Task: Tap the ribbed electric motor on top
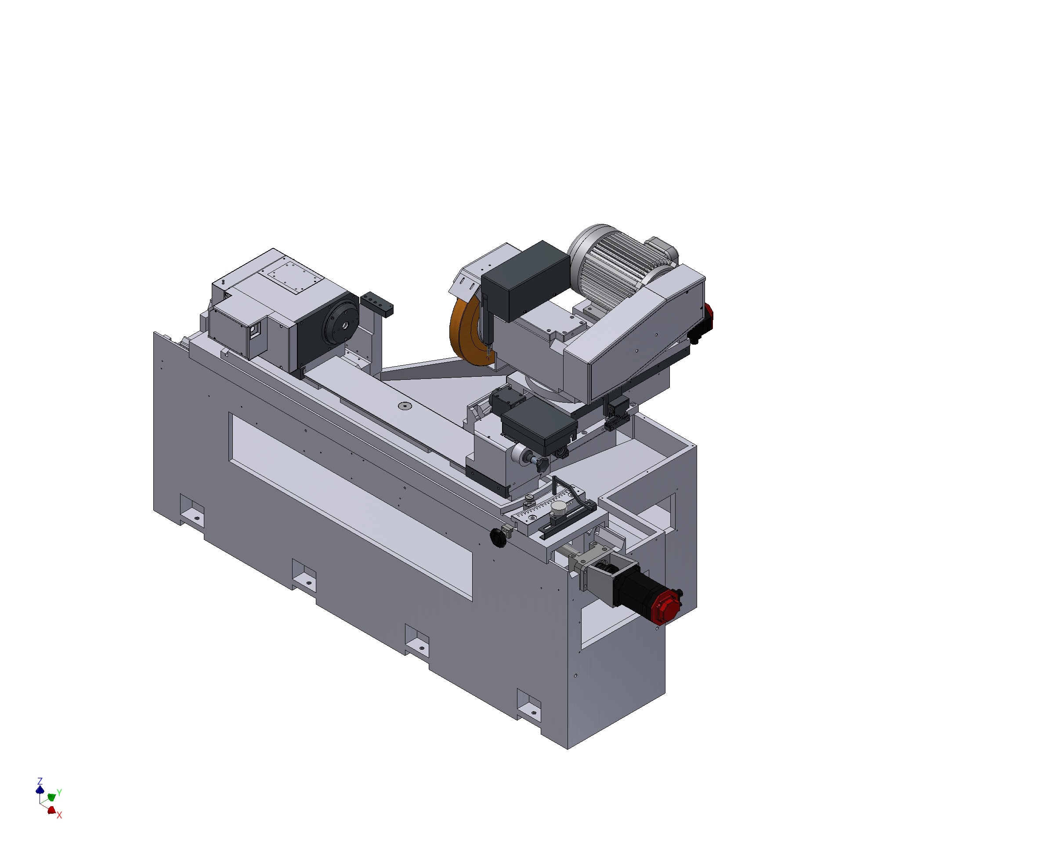[611, 264]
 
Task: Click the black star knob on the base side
[499, 538]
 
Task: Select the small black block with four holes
[377, 303]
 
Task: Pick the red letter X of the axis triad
[59, 815]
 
